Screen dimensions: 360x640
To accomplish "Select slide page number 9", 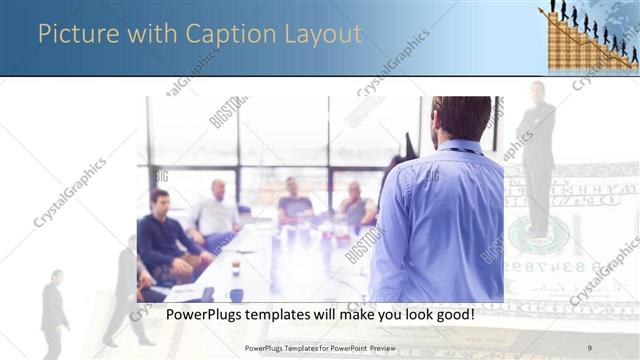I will [x=589, y=347].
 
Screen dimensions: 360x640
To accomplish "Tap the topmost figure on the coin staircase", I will [x=552, y=7].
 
